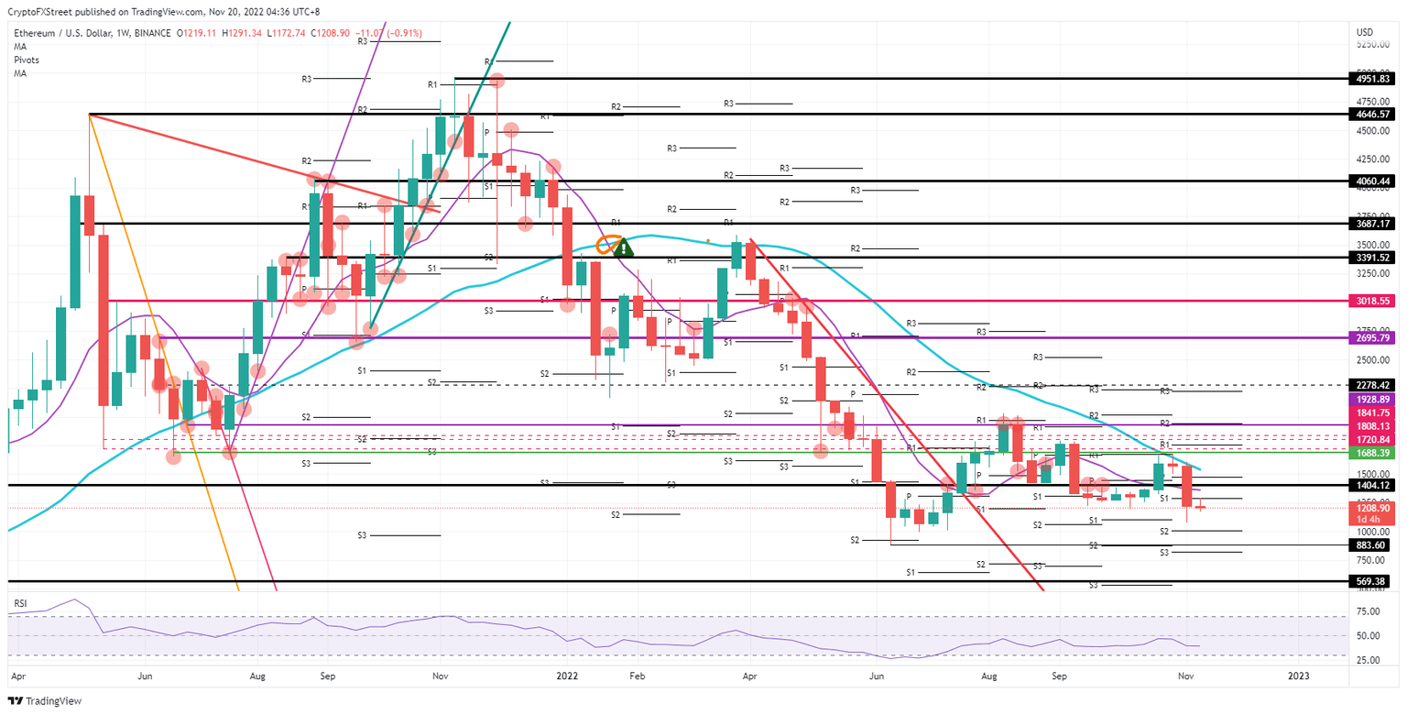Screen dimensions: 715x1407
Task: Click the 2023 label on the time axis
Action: (x=1298, y=676)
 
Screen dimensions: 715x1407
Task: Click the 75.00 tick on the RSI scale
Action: (x=1369, y=612)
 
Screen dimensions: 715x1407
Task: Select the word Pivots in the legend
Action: (x=26, y=60)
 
